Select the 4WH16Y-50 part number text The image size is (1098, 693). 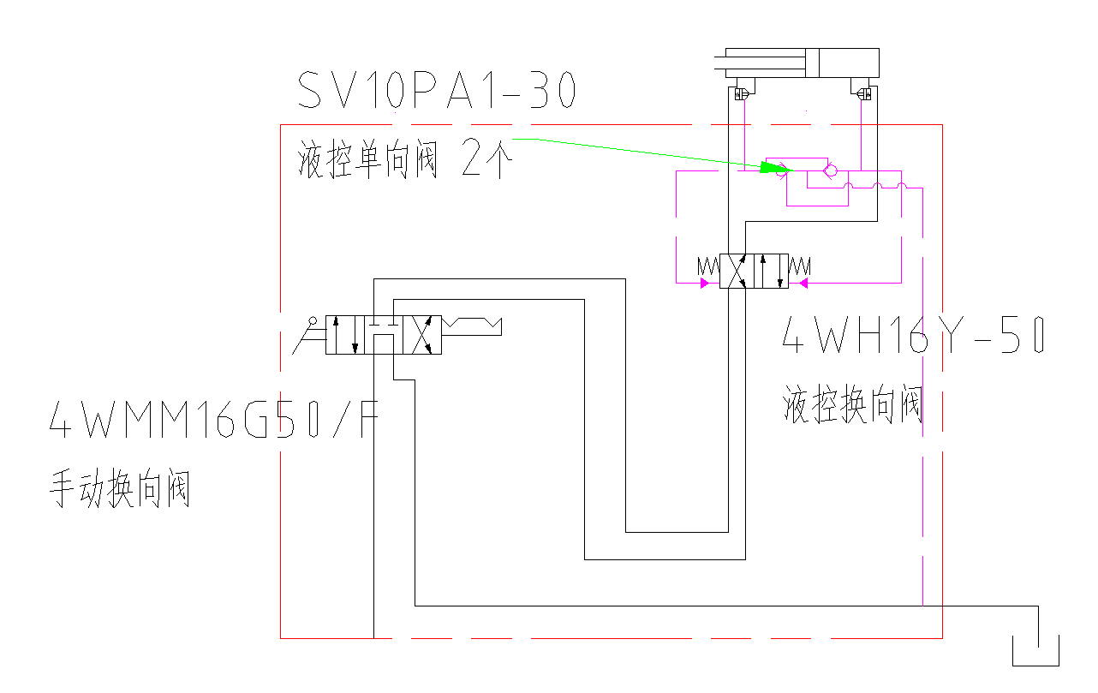pyautogui.click(x=913, y=337)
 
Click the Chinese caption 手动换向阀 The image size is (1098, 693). pyautogui.click(x=121, y=491)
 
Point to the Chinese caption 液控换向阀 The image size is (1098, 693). pyautogui.click(x=853, y=404)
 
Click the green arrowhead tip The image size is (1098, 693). pyautogui.click(x=788, y=170)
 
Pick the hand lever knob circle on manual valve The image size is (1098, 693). pyautogui.click(x=314, y=322)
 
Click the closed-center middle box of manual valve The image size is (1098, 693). pyautogui.click(x=383, y=335)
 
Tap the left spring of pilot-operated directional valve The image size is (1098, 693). pyautogui.click(x=708, y=266)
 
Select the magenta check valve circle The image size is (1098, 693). pyautogui.click(x=830, y=171)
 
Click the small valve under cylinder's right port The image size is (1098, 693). pyautogui.click(x=864, y=93)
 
